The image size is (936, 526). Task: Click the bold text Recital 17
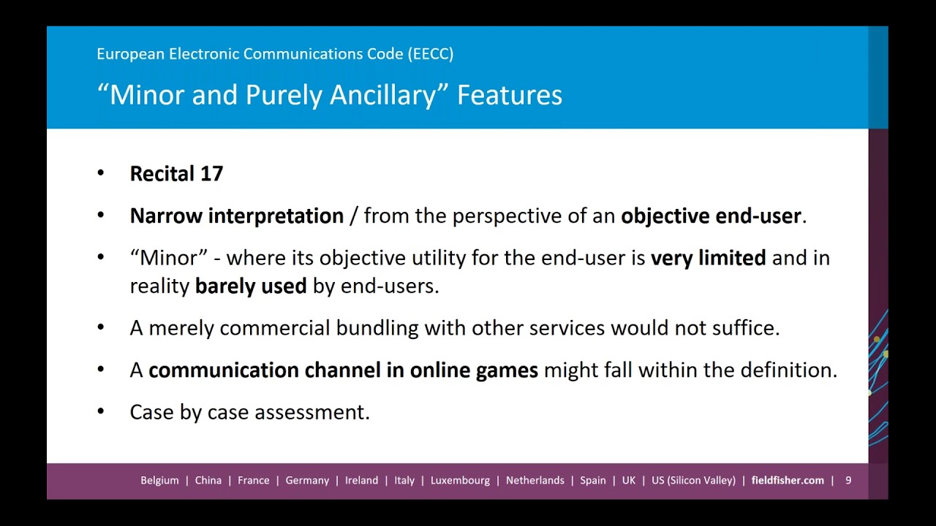[x=176, y=174]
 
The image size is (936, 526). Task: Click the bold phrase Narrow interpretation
[x=236, y=216]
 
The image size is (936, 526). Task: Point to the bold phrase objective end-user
[x=711, y=216]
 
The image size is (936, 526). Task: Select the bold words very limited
[x=708, y=258]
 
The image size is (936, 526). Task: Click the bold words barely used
[x=250, y=286]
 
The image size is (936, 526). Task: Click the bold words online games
[x=474, y=370]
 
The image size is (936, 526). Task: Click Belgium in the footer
[x=159, y=481]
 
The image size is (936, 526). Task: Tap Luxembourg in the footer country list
[x=460, y=481]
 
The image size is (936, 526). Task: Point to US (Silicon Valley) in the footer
[x=693, y=481]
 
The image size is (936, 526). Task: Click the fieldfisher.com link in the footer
[x=788, y=481]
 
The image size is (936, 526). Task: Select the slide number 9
[x=848, y=481]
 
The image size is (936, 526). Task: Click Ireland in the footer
[x=361, y=481]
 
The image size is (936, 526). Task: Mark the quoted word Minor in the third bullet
[x=169, y=258]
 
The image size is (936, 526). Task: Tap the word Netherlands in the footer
[x=535, y=481]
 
